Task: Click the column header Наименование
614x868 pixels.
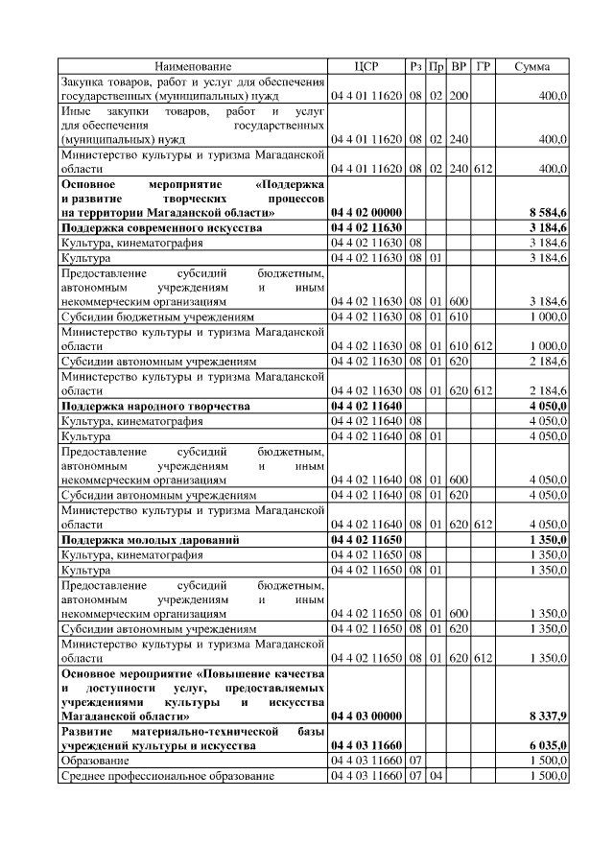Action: pos(193,66)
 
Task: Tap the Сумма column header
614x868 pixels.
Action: pos(531,66)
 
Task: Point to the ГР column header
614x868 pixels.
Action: pos(483,66)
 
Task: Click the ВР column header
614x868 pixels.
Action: pos(459,66)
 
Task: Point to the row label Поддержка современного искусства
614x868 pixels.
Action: pos(160,227)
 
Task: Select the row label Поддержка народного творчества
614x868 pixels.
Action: pos(154,407)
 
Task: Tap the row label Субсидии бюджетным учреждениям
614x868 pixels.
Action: pos(158,317)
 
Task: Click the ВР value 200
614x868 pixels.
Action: pos(459,97)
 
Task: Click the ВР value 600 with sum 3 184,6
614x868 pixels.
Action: pos(459,302)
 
